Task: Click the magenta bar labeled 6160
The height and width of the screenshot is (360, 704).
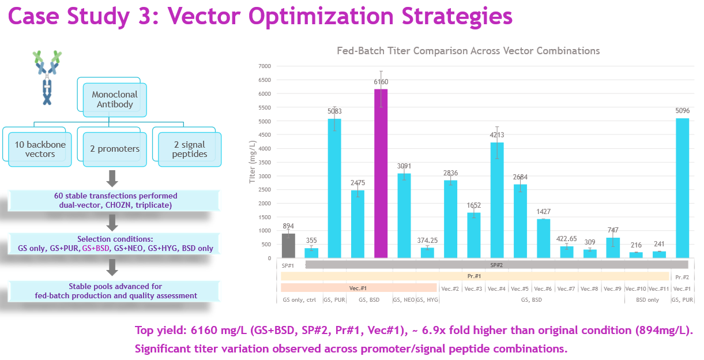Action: click(381, 173)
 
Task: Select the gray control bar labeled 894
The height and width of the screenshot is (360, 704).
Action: click(288, 245)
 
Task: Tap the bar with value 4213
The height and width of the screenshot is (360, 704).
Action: click(497, 200)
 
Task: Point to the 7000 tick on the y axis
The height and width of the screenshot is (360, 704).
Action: click(263, 66)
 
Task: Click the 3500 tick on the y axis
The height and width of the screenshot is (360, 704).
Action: click(263, 162)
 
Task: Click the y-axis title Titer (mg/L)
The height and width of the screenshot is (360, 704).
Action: click(251, 162)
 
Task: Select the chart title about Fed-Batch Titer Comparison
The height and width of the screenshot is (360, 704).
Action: click(468, 51)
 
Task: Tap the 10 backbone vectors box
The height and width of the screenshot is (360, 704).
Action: click(40, 149)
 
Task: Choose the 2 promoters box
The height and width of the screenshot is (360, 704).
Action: click(115, 149)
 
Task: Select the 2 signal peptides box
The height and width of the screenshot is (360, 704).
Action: click(190, 149)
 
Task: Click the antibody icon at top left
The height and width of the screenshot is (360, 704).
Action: click(47, 78)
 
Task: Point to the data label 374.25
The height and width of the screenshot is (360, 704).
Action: click(427, 241)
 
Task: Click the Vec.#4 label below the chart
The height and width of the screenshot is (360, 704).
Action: click(497, 288)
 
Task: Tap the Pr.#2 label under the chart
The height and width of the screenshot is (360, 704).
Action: click(682, 277)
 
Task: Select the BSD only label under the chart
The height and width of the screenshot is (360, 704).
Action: click(647, 300)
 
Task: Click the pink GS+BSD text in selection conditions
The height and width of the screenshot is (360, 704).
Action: click(95, 249)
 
